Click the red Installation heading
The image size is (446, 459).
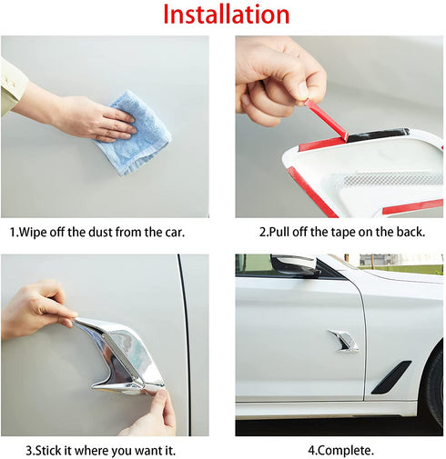pos(227,15)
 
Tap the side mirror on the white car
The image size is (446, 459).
pos(294,264)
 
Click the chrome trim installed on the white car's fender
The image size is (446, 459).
pos(344,340)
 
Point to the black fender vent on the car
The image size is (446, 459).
pos(391,376)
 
